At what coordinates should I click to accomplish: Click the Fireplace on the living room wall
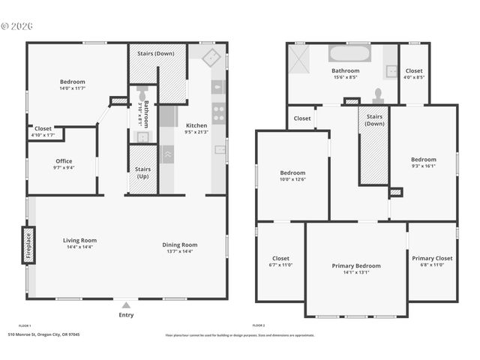28,245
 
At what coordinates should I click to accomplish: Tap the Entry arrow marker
126,305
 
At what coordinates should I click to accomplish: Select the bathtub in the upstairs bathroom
349,55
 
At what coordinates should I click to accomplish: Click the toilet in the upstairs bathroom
378,95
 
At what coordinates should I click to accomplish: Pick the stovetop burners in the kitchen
219,112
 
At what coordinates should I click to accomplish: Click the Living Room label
79,241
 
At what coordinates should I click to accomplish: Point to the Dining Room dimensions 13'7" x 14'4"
180,251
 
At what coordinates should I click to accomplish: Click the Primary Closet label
433,258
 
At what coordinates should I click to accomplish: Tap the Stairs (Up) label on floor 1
142,172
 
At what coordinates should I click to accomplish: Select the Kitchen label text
196,125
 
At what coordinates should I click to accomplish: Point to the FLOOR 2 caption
259,325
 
